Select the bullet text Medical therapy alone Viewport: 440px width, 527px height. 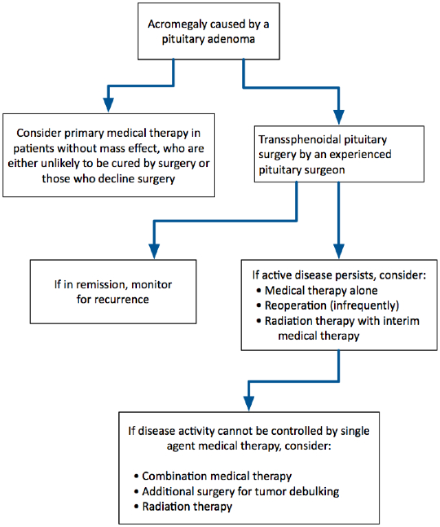(321, 291)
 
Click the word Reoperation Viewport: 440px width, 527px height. (296, 305)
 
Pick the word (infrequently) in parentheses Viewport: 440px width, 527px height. (364, 305)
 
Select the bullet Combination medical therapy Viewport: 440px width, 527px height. (217, 476)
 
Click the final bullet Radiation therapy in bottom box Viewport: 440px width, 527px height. (187, 507)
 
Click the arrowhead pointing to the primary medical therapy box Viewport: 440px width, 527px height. (108, 104)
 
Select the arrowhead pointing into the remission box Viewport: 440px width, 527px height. (154, 251)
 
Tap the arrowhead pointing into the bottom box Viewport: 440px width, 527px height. (249, 404)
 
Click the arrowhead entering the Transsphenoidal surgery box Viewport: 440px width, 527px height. (339, 117)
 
